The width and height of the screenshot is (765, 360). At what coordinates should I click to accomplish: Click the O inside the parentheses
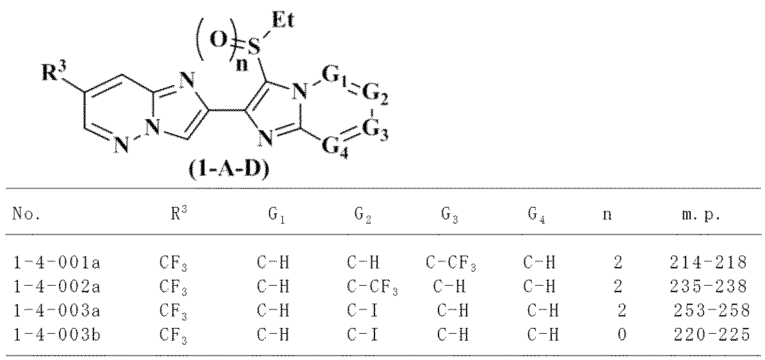click(218, 40)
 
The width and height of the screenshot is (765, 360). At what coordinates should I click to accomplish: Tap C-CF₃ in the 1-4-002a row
click(364, 287)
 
